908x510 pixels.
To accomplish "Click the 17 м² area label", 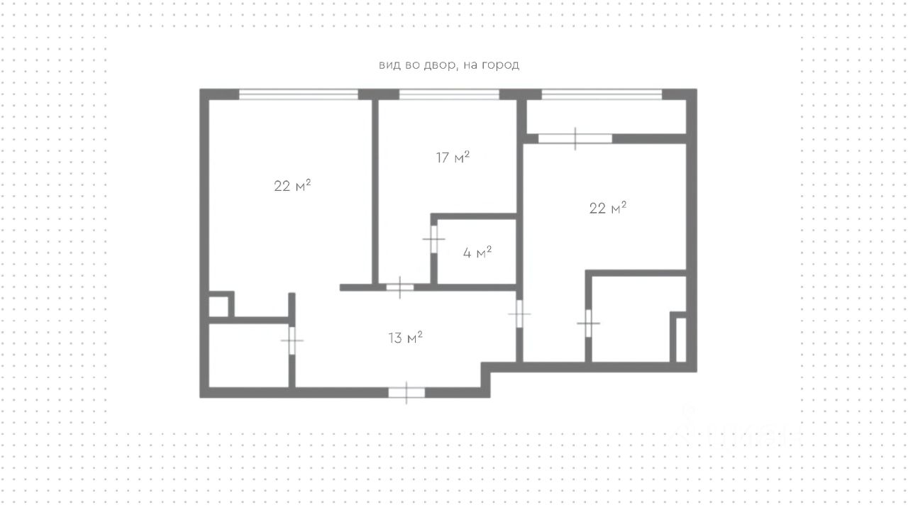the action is point(453,157).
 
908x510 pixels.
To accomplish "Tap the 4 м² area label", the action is point(477,253).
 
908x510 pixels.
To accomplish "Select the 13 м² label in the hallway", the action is point(405,338).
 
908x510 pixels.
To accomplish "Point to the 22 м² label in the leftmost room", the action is point(292,186).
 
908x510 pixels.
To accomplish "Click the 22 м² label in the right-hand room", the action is point(608,208).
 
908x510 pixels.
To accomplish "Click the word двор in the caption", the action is point(437,65).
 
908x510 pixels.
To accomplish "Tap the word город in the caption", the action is point(500,65).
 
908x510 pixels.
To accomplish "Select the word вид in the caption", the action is point(390,65).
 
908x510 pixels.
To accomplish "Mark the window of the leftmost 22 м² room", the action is point(299,94).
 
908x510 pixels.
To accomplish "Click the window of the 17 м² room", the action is point(449,94).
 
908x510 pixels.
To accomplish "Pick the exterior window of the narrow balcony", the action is point(602,94).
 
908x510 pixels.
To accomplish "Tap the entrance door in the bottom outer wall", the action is point(406,392).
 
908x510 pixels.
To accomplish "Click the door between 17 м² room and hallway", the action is point(399,287).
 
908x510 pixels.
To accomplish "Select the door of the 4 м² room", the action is point(433,239).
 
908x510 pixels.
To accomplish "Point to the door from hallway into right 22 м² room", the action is point(519,314).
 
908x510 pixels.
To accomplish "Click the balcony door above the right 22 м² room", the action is point(575,138).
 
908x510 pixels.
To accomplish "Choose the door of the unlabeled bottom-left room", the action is point(292,340).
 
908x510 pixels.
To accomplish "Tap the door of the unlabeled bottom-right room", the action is point(588,323).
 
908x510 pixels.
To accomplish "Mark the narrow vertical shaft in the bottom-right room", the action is point(681,340).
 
